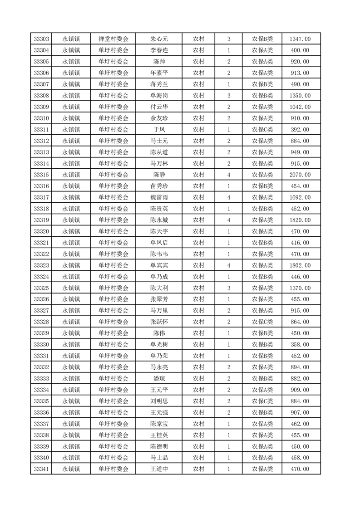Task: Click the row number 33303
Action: pos(41,39)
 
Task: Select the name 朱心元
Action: pos(159,39)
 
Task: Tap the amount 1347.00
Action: pos(300,39)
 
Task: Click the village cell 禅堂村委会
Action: pos(113,39)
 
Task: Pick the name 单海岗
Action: pos(159,96)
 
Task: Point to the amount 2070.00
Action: pos(300,175)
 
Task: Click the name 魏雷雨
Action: pos(159,197)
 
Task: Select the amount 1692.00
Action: pos(300,197)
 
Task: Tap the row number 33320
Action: pos(41,231)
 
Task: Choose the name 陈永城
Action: pos(159,220)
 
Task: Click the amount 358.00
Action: pos(300,344)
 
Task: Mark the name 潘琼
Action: pos(159,378)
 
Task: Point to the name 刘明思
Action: pos(159,401)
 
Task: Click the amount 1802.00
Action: pos(300,265)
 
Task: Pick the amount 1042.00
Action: pos(300,107)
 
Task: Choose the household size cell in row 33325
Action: pos(228,288)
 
